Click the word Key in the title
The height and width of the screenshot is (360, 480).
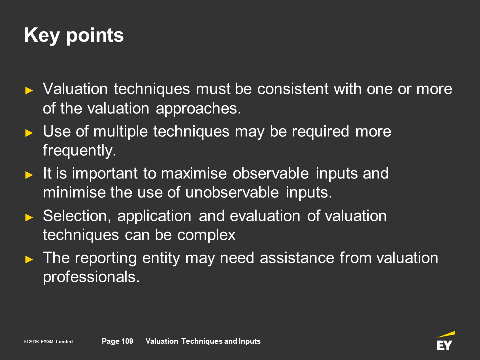point(42,36)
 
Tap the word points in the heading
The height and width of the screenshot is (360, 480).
point(95,36)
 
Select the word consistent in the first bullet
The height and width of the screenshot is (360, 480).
point(293,89)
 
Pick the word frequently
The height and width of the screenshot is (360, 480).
point(79,151)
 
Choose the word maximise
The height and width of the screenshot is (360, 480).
point(194,173)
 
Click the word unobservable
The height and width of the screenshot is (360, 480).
point(232,193)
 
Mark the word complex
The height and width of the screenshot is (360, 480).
point(206,235)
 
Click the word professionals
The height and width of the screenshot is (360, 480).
point(91,277)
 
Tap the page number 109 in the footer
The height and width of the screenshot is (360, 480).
point(127,341)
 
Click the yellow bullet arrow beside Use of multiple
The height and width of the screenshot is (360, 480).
point(29,133)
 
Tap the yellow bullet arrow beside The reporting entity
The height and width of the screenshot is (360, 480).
point(29,259)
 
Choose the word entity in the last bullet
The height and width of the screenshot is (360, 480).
point(161,258)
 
